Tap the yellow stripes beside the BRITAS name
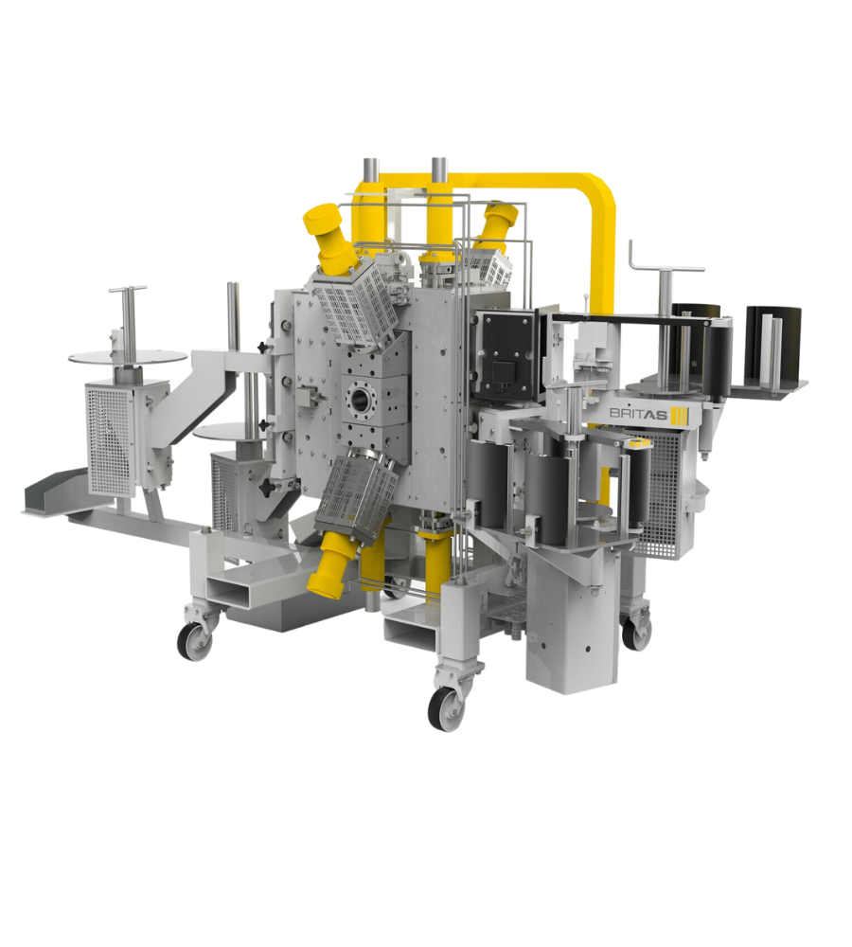click(x=680, y=415)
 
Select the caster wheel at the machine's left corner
click(x=194, y=641)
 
